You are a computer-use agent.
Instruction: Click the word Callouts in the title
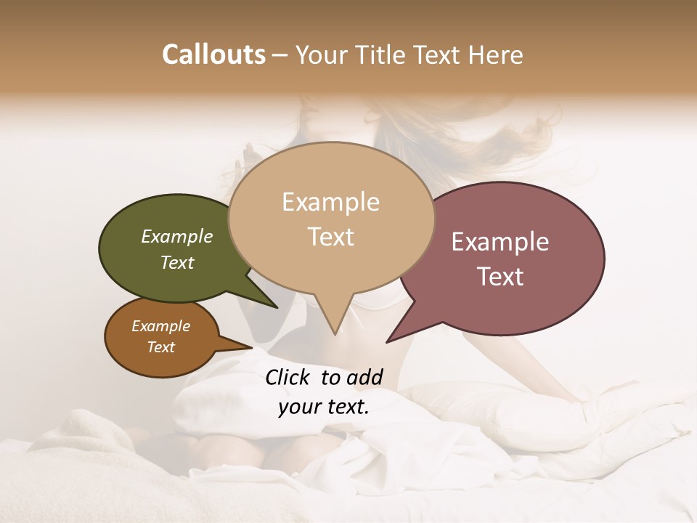point(213,54)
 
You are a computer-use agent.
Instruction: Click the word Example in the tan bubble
point(331,202)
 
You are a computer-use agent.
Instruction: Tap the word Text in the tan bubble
point(331,237)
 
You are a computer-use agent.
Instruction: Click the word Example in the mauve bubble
point(500,242)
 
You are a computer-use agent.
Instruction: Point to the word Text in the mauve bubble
point(501,277)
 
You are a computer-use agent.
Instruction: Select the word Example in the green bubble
point(177,236)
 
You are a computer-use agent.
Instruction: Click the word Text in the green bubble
point(177,262)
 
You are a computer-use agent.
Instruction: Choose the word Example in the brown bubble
point(161,326)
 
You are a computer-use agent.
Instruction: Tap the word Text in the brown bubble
point(161,347)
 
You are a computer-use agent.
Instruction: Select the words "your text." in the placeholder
point(324,407)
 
